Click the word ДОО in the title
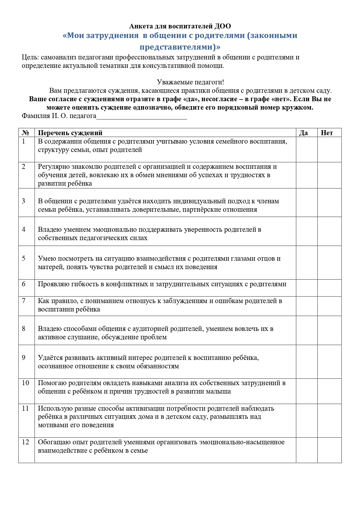(223, 26)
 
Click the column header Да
(303, 133)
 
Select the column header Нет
(327, 133)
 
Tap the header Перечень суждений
(70, 133)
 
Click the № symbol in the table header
(25, 133)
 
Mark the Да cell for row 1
(307, 149)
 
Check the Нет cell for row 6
(329, 288)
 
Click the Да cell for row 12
(307, 450)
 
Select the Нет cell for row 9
(329, 361)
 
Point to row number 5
(24, 258)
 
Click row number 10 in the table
(26, 383)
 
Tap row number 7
(24, 301)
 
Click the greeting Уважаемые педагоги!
(190, 82)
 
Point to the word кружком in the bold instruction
(300, 108)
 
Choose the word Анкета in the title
(140, 26)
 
